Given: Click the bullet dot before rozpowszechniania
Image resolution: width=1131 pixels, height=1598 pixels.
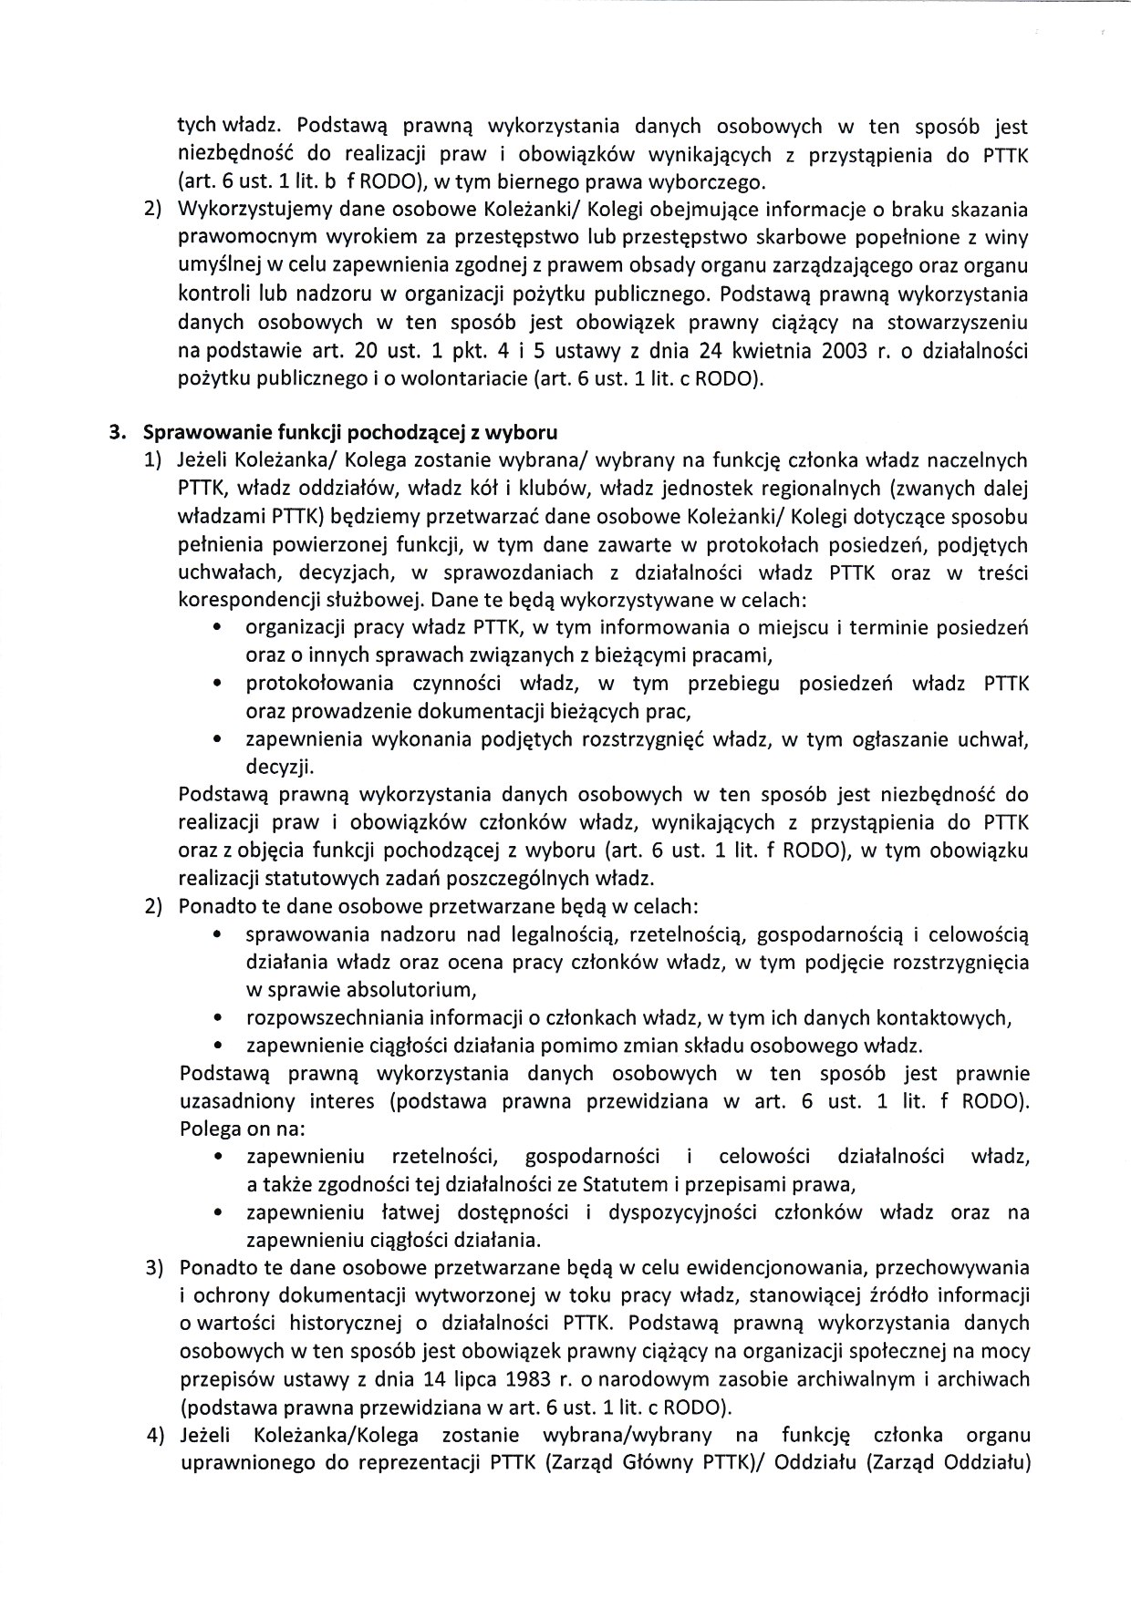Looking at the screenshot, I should coord(217,1017).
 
